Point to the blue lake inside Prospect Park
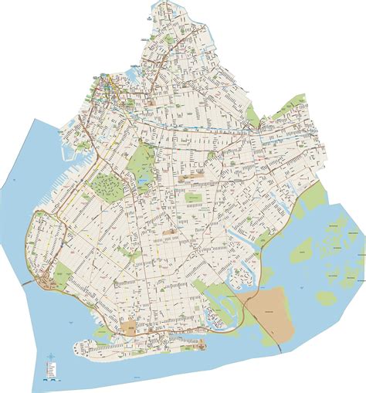pyautogui.click(x=144, y=183)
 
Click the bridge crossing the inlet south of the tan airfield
pyautogui.click(x=272, y=334)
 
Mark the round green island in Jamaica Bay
pyautogui.click(x=327, y=297)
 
